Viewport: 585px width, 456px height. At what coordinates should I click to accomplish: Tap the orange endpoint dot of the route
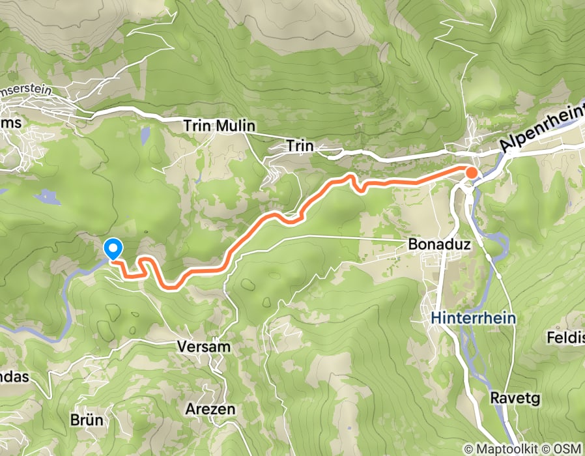471,173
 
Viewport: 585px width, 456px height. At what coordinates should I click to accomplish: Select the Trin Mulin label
220,126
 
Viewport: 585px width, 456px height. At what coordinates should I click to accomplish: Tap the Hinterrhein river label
474,319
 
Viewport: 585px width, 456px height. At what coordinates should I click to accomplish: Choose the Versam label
204,347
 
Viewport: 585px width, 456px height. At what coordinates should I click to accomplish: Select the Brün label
86,420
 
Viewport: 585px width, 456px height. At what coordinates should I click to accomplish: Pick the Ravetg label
515,397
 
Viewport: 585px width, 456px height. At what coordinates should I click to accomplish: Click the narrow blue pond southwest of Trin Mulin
145,135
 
